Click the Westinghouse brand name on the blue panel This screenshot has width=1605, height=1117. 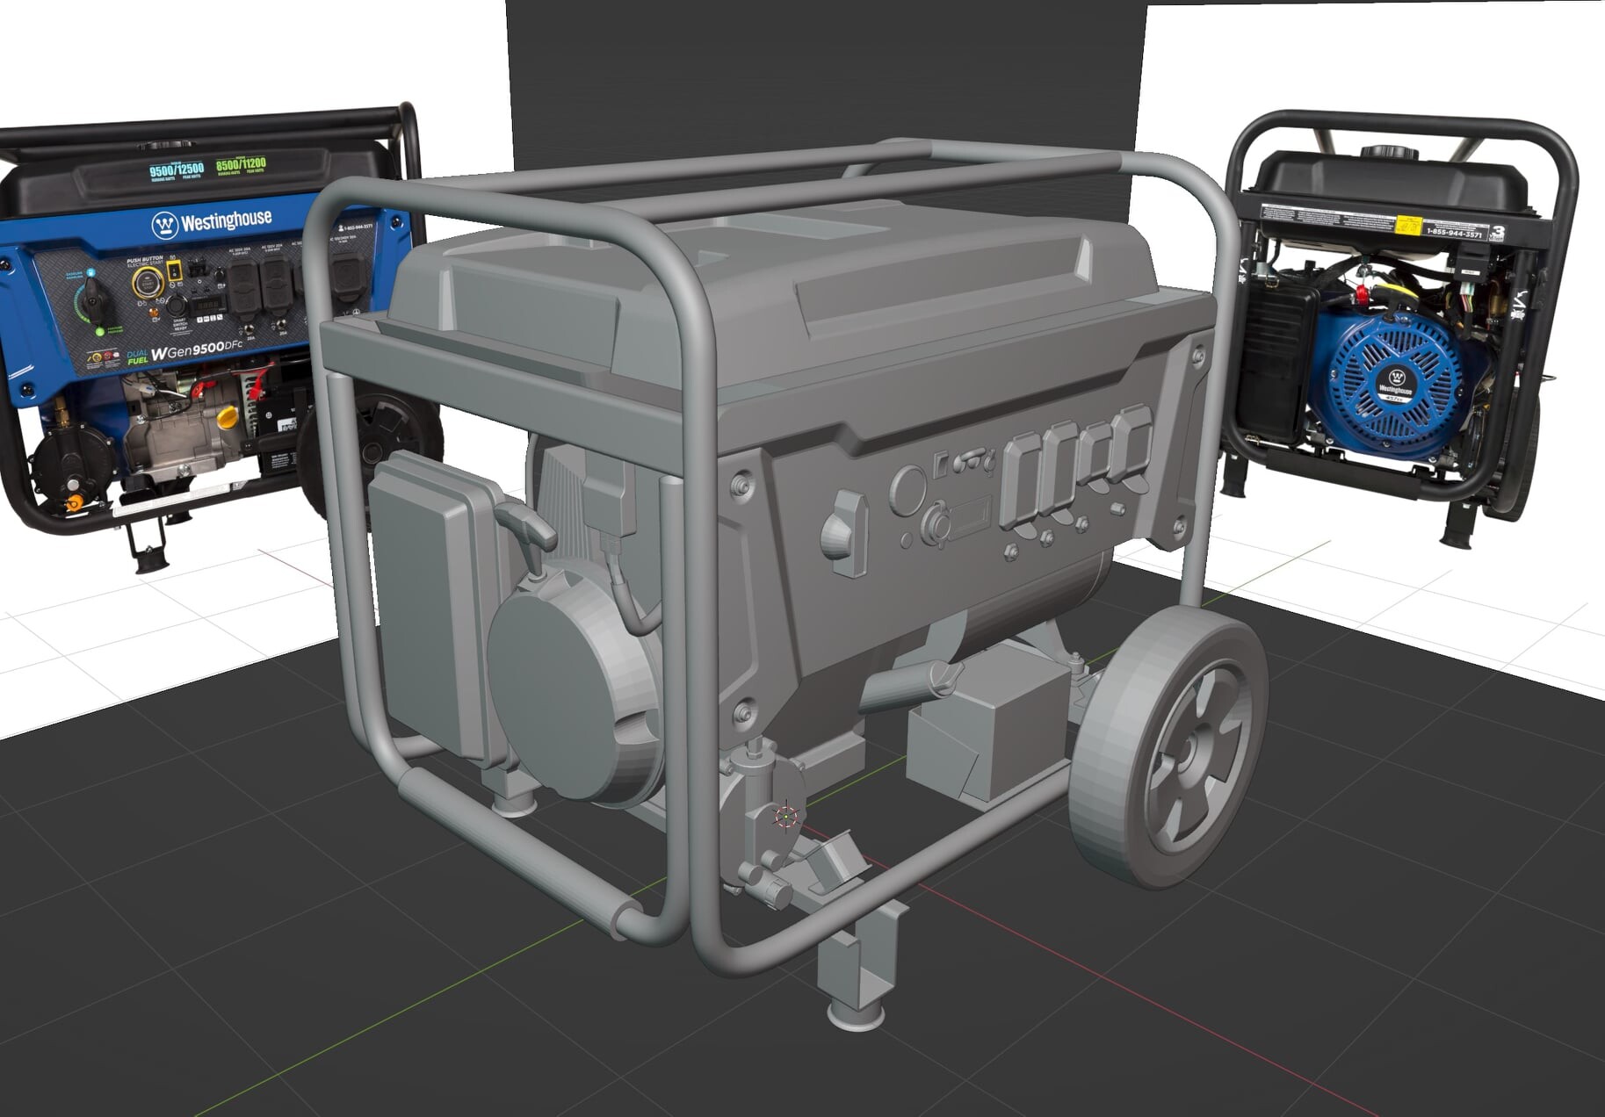(x=225, y=220)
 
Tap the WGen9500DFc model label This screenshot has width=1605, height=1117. (x=196, y=351)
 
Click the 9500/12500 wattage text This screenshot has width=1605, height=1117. (x=176, y=169)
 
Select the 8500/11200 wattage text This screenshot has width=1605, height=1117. (x=241, y=164)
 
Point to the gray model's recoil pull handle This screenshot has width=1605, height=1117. (x=529, y=524)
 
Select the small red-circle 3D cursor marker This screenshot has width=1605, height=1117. (x=785, y=817)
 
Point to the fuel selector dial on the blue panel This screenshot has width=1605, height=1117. (x=92, y=303)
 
